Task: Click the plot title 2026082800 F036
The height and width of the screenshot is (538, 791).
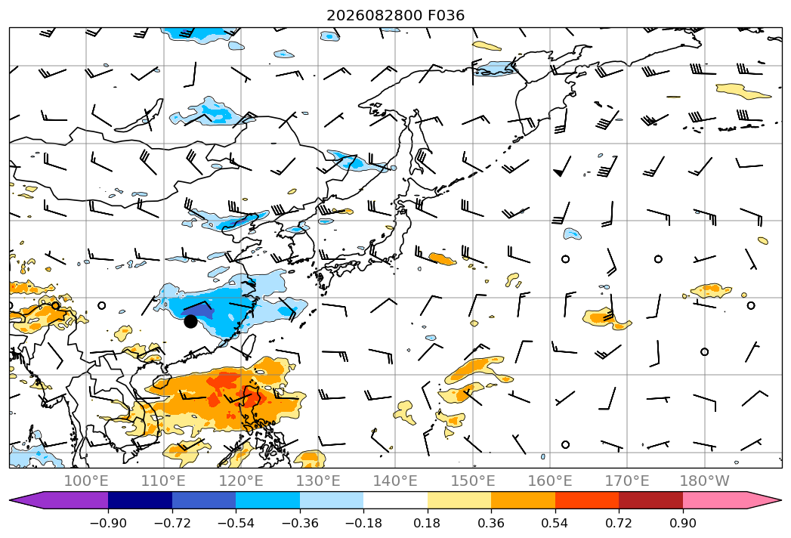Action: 396,15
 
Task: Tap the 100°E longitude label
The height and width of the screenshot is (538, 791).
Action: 86,481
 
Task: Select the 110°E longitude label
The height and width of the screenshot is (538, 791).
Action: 163,481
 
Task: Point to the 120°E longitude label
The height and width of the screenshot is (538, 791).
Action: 241,481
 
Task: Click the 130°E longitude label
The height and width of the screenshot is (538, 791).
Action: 318,481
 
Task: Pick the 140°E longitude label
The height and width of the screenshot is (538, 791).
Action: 395,481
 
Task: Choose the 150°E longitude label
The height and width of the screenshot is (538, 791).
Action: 473,481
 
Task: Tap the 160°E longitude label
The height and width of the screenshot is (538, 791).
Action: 550,481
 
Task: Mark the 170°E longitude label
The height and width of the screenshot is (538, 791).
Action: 627,481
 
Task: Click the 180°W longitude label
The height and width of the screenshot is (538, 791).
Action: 704,481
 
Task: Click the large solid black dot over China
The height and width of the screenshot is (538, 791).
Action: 190,321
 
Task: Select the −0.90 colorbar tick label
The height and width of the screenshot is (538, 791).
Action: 108,523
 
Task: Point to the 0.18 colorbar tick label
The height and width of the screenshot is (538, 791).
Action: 428,523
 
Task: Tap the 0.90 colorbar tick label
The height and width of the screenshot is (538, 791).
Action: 682,523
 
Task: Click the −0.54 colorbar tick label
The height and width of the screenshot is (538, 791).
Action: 236,523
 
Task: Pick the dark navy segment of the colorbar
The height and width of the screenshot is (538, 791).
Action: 140,500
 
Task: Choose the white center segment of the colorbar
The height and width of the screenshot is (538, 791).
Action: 396,500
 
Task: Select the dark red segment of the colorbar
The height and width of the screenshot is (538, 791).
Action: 650,500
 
